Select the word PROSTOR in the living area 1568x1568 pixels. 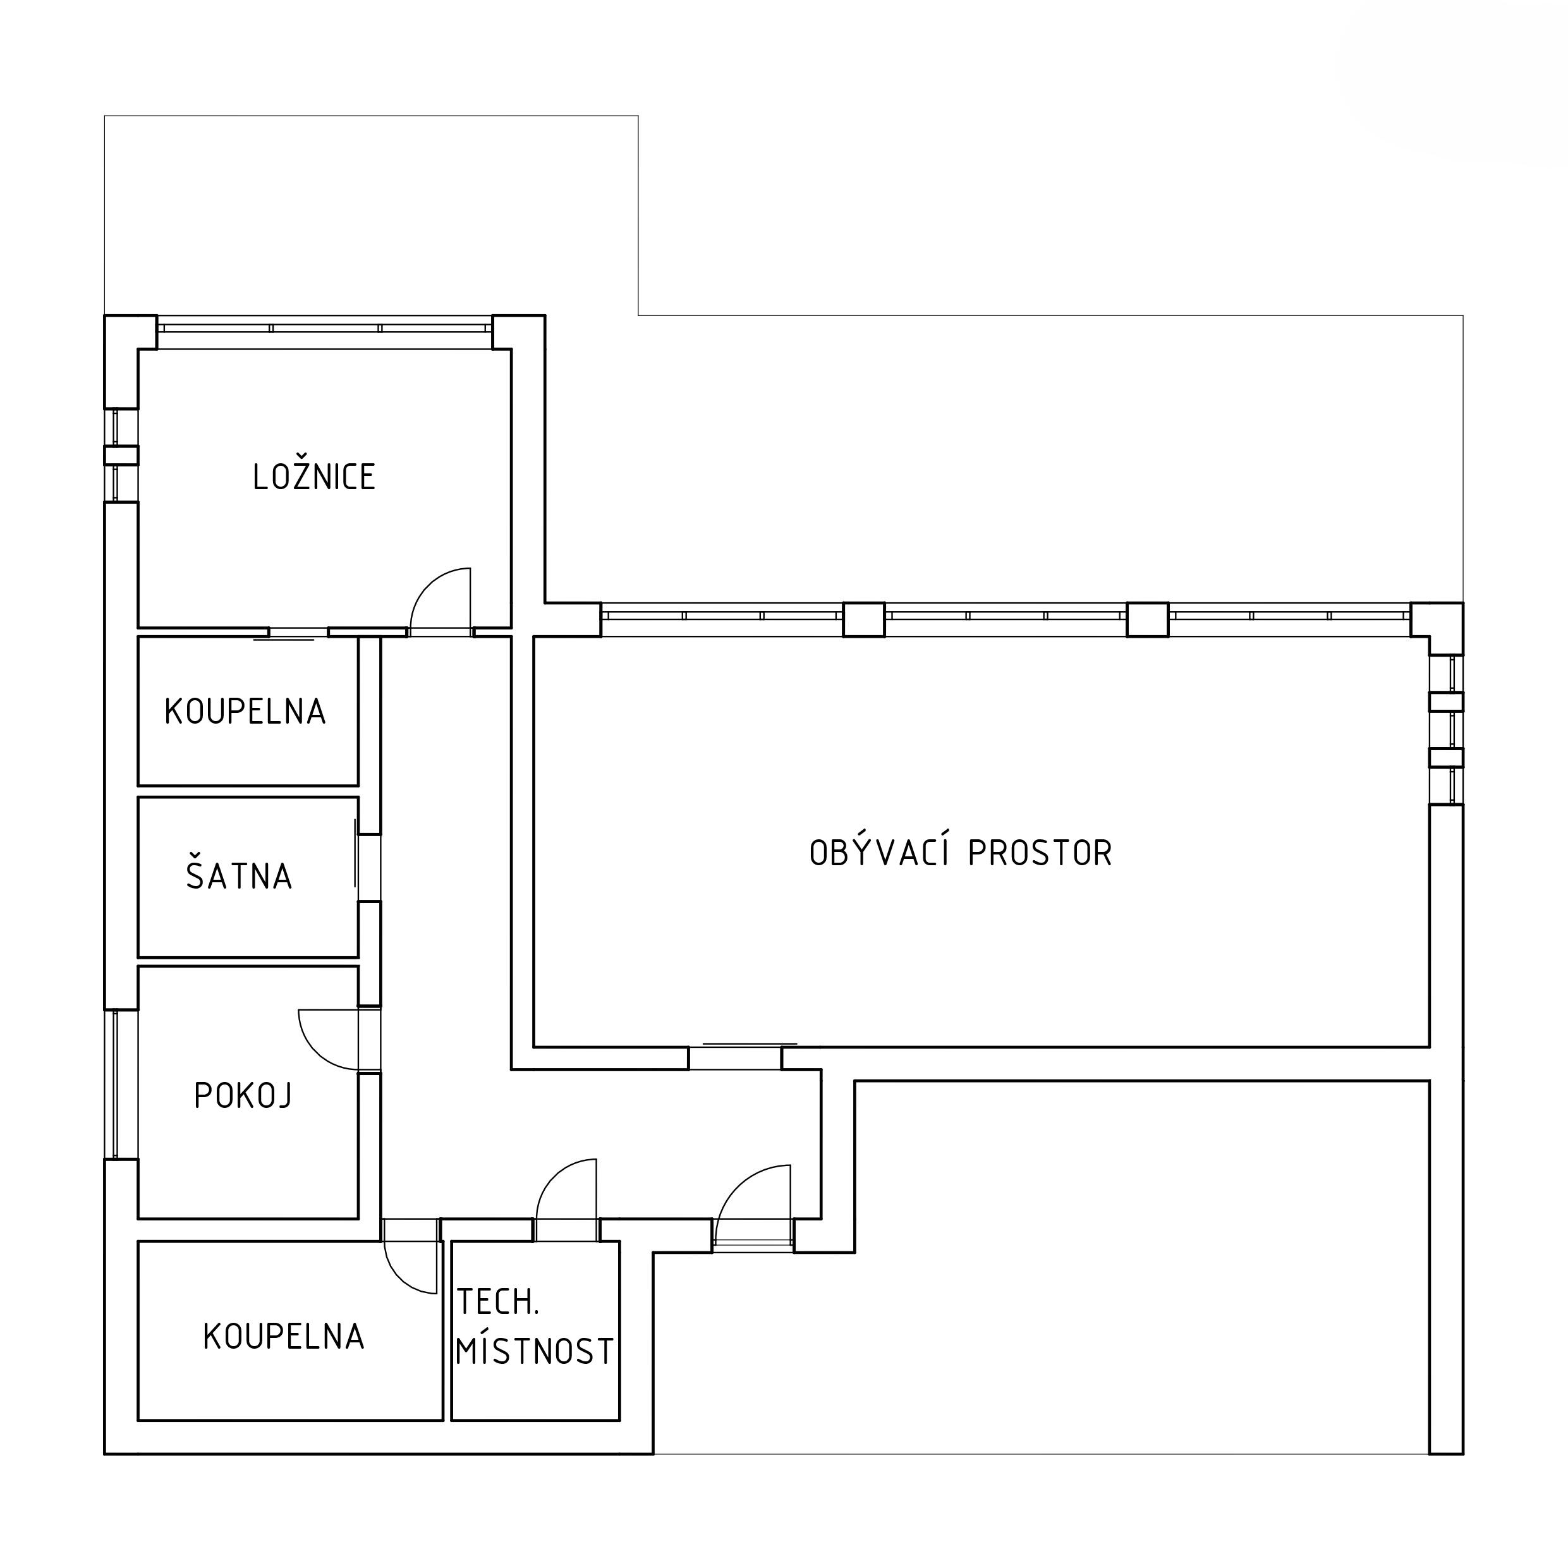(x=1040, y=853)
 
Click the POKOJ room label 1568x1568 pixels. (x=243, y=1096)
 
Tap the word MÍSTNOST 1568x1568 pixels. (x=534, y=1351)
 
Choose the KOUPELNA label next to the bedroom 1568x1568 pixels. (x=245, y=712)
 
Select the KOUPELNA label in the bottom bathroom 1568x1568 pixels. (x=283, y=1337)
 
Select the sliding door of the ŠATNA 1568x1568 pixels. (x=355, y=853)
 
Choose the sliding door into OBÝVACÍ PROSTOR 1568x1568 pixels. (x=750, y=1043)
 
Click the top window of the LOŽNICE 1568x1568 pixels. (x=325, y=328)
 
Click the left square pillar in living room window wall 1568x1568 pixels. (x=863, y=619)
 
